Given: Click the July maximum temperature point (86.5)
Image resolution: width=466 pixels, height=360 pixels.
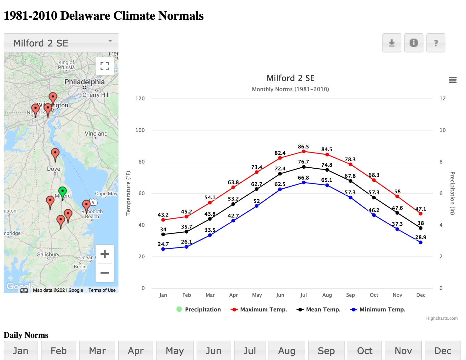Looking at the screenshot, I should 304,151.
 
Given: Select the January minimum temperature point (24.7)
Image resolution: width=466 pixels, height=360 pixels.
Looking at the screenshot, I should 163,249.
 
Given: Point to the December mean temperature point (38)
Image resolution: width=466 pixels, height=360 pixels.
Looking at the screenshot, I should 420,228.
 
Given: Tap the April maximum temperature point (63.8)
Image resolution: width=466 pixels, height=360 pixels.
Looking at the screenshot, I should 233,187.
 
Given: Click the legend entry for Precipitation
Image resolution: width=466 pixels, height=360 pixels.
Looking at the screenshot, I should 199,309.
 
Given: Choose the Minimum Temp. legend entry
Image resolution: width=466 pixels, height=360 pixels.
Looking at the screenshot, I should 378,309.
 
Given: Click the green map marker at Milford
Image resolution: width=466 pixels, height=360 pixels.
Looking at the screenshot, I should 62,192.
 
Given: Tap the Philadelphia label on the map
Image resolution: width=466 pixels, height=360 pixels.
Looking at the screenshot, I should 84,82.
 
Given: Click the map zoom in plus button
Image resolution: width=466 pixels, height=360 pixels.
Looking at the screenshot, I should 105,254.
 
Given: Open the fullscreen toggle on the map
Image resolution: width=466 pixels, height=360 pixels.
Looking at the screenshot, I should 105,66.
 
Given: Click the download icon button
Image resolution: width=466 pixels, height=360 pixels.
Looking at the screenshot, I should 392,43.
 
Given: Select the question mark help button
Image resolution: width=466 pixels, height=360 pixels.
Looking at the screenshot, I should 436,43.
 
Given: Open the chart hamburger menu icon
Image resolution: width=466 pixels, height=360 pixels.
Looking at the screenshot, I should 452,80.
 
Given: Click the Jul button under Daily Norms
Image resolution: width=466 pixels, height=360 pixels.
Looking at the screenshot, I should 250,351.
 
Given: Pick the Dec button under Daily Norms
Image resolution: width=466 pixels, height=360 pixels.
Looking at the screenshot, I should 443,351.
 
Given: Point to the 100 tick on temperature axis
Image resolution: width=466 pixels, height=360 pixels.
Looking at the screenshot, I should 140,130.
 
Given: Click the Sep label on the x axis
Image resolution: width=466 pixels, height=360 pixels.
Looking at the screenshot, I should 350,295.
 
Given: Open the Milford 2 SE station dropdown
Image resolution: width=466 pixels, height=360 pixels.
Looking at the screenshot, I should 61,43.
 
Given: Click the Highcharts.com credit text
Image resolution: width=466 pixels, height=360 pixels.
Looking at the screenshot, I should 442,318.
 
